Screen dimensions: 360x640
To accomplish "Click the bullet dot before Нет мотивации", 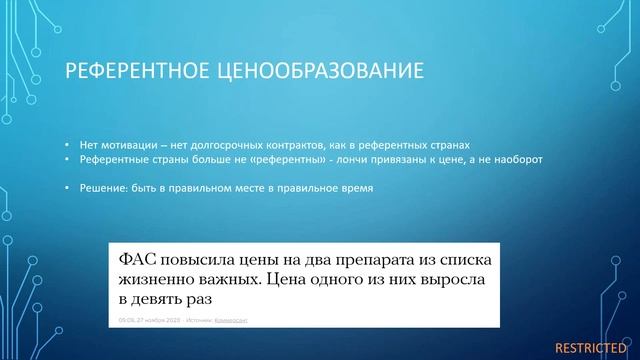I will click(67, 143).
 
